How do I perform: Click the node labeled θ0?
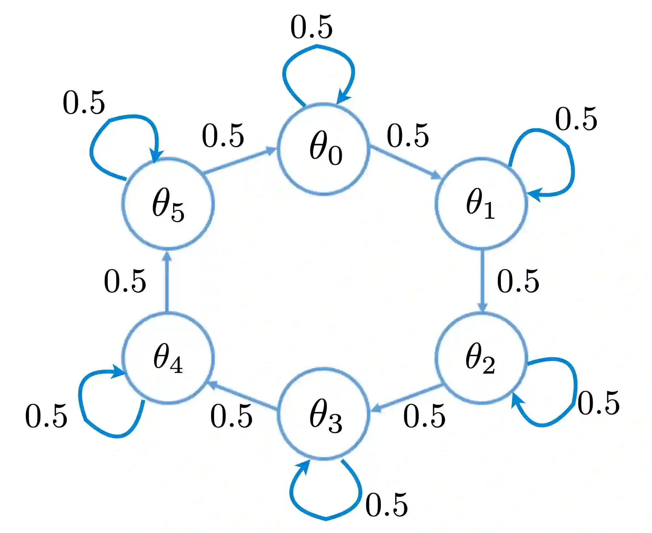323,149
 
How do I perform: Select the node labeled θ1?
481,204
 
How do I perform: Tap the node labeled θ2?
481,358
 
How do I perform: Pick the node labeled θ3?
323,414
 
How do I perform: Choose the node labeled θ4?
168,358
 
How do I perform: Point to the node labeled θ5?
168,204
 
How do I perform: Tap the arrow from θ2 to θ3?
407,398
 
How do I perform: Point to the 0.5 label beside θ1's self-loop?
576,119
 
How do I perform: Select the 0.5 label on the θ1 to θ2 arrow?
518,281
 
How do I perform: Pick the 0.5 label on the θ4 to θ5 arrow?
125,281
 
